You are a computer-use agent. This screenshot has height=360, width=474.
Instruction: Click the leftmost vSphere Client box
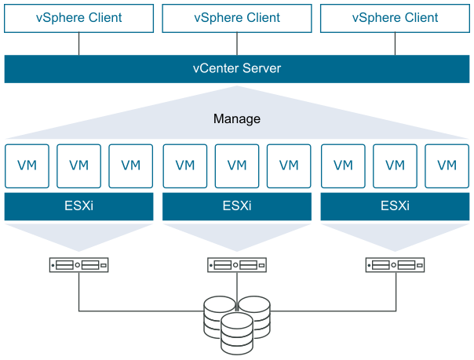(x=78, y=17)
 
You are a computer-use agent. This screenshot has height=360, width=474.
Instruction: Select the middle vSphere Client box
(x=237, y=17)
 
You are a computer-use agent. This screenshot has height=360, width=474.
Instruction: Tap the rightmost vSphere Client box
(x=395, y=17)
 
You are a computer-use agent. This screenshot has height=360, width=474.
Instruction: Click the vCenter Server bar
(x=237, y=69)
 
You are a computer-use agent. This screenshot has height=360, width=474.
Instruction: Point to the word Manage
(x=237, y=119)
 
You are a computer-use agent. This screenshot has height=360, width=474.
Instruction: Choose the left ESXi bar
(x=78, y=207)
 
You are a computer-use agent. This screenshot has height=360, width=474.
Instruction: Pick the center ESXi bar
(x=237, y=207)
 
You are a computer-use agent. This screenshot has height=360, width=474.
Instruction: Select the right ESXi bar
(x=395, y=207)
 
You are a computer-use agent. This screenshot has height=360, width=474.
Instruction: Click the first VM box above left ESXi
(x=27, y=165)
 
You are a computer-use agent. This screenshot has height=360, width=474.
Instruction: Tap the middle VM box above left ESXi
(x=78, y=165)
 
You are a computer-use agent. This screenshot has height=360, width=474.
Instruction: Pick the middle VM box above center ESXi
(x=237, y=165)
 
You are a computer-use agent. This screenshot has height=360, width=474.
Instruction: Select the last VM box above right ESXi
(x=447, y=165)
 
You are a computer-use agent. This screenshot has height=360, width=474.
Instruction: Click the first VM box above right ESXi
(x=343, y=165)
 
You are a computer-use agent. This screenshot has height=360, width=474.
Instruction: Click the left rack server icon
(x=78, y=265)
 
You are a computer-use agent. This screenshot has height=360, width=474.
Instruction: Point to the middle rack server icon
(x=237, y=265)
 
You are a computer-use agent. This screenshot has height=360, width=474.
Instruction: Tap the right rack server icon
(x=395, y=265)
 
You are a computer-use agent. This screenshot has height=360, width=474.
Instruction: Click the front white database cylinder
(x=237, y=333)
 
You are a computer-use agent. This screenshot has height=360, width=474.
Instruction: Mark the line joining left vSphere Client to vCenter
(x=78, y=44)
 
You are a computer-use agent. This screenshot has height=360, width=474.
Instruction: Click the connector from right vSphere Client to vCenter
(x=395, y=44)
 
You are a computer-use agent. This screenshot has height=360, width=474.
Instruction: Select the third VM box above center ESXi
(x=289, y=165)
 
